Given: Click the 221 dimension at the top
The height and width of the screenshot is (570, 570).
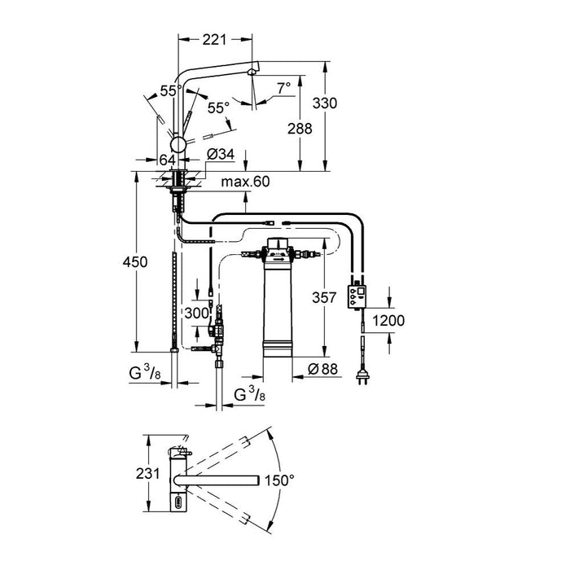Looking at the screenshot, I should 214,37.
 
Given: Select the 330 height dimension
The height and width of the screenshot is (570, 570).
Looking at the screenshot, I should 326,103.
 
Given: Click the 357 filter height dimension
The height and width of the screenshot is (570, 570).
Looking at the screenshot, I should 325,299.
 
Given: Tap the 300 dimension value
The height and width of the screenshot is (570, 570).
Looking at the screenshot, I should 195,313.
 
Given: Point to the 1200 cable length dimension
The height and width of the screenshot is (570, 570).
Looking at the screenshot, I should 388,320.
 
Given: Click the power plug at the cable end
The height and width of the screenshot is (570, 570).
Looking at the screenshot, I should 361,375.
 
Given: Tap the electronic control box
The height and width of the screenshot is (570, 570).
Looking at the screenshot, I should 357,296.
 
